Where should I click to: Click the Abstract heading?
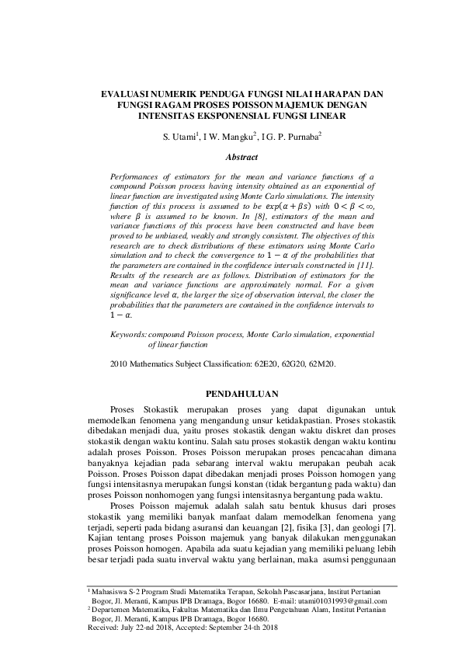231,157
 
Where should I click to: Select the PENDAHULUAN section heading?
231,395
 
